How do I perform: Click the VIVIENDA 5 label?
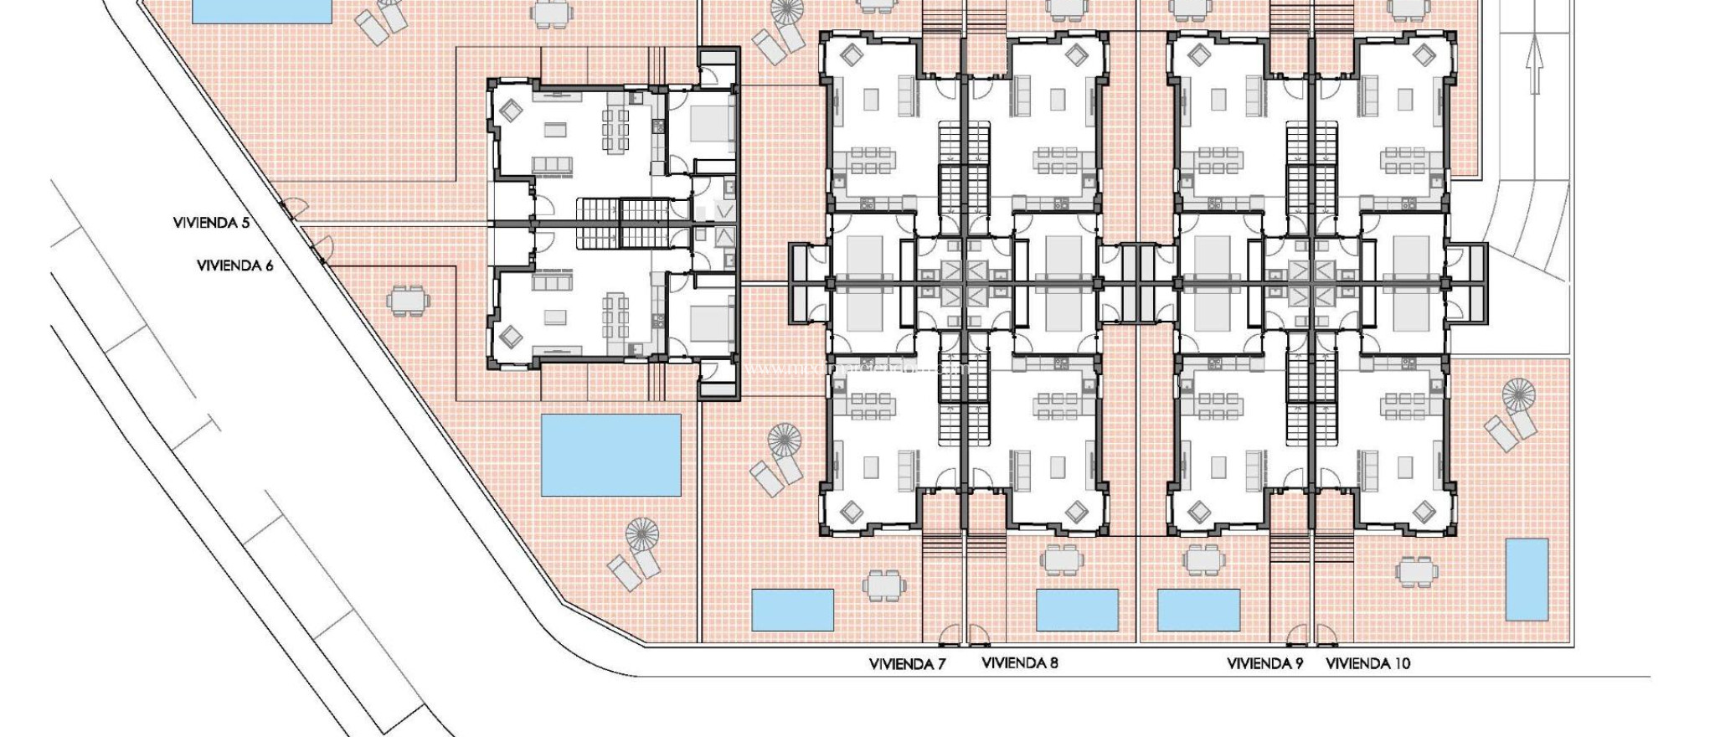tap(211, 223)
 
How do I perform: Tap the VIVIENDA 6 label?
tap(234, 265)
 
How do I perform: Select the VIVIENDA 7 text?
tap(907, 664)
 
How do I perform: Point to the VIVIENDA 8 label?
tap(1019, 663)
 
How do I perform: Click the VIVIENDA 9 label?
tap(1264, 664)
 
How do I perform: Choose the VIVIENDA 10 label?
tap(1367, 664)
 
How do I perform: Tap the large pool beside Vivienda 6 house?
tap(610, 455)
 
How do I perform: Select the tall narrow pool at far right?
tap(1527, 580)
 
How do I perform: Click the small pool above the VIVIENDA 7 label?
tap(792, 610)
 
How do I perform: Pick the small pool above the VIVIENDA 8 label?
tap(1077, 610)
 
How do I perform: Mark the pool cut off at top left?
tap(261, 10)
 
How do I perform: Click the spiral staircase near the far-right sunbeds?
tap(1520, 395)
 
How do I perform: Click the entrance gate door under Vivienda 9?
tap(1297, 636)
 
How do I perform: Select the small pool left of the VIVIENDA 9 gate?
tap(1198, 610)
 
